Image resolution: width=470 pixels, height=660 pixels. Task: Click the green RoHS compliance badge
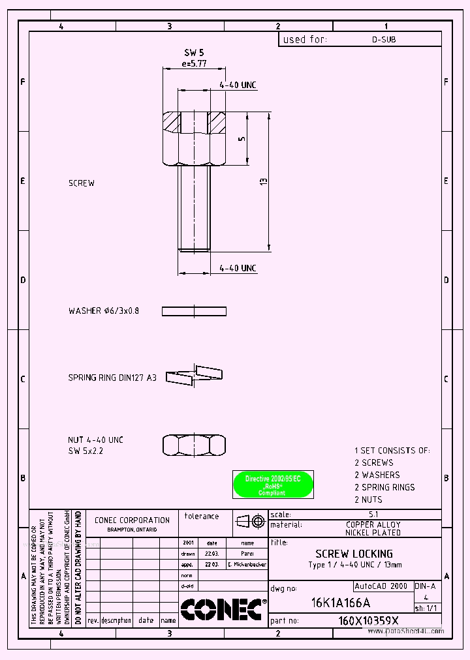click(273, 485)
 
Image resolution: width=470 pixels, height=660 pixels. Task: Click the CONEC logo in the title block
click(222, 609)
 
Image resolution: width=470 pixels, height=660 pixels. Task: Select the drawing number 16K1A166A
click(341, 602)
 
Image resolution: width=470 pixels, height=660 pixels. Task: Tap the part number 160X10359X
click(369, 621)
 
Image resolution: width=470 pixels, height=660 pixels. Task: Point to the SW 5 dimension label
click(194, 52)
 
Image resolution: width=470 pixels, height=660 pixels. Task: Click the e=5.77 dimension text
click(194, 63)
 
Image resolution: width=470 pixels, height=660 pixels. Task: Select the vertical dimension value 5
click(242, 139)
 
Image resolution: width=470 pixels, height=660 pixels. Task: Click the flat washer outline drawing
click(194, 311)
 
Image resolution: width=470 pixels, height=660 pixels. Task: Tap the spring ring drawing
click(194, 375)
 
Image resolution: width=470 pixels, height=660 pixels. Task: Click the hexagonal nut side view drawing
click(194, 445)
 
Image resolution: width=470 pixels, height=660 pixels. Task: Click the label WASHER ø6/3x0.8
click(104, 311)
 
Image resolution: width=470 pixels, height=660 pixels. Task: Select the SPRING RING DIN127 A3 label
click(112, 378)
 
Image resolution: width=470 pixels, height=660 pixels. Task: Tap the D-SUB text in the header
click(384, 39)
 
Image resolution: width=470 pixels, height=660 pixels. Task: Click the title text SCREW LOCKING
click(354, 554)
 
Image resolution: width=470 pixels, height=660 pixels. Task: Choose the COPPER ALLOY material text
click(373, 524)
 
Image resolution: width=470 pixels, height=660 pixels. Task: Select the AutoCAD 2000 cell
click(381, 586)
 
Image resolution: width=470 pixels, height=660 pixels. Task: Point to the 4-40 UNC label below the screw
click(238, 268)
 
